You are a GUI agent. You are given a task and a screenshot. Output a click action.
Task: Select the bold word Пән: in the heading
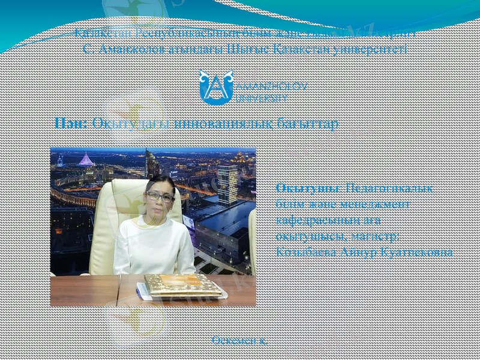[x=71, y=123]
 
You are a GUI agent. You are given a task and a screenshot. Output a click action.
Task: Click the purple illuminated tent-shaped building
[x=86, y=160]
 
